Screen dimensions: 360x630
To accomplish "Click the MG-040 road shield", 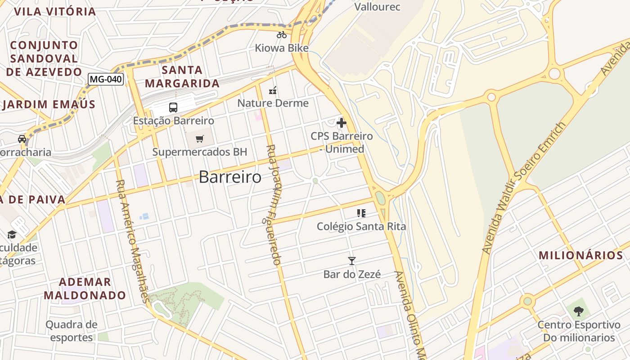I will pos(106,80).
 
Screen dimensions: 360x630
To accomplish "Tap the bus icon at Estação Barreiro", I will pos(173,108).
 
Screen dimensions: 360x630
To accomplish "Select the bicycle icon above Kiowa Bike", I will pos(282,35).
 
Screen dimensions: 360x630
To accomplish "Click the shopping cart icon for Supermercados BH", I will pos(200,139).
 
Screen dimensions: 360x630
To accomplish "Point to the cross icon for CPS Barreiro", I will pos(342,122).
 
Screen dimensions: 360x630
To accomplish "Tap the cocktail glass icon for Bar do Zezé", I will pos(352,261).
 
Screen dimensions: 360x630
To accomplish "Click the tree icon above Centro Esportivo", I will pos(579,311).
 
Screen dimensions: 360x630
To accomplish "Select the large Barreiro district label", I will pos(230,177).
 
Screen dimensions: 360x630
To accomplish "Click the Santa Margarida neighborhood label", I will pos(182,76).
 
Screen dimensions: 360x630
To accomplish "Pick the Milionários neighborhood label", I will pos(581,255).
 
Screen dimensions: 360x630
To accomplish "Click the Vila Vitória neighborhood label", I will pos(55,11).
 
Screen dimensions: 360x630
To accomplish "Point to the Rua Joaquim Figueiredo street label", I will pos(273,205).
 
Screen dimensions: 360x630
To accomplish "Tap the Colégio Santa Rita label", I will pos(361,226).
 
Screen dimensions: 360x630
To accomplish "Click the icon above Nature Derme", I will pos(273,91).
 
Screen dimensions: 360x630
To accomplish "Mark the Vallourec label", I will pos(377,7).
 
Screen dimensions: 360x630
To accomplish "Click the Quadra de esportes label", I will pos(72,331).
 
